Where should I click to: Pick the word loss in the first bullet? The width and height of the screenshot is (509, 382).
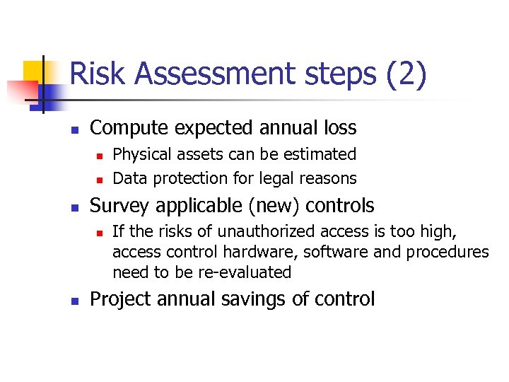pos(338,128)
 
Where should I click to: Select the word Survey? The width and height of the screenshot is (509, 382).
pos(121,206)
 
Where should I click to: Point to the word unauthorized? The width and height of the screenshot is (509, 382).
pos(262,231)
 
